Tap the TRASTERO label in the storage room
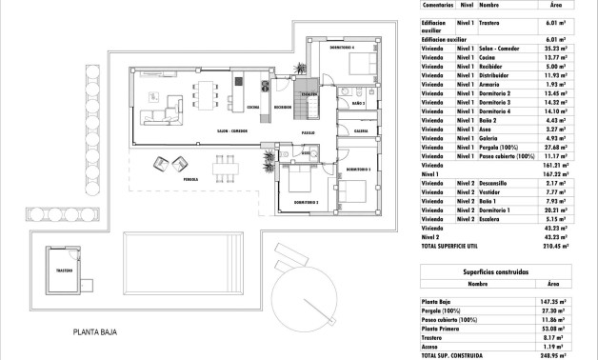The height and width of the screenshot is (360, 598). (x=65, y=269)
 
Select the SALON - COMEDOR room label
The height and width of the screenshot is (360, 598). (x=235, y=130)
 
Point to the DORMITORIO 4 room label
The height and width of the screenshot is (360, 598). (x=342, y=48)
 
